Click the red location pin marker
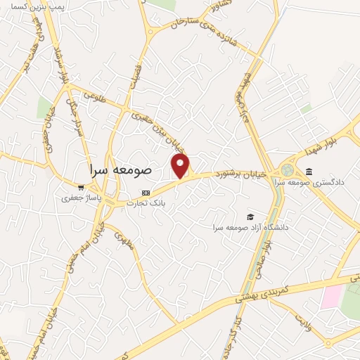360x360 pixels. click(x=181, y=166)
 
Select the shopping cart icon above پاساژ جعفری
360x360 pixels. click(x=82, y=188)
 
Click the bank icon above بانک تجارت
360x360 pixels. click(x=146, y=192)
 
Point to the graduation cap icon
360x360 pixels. click(x=250, y=217)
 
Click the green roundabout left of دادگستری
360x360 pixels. click(x=287, y=169)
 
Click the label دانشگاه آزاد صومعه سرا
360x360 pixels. click(x=254, y=228)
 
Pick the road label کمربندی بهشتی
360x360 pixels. click(x=259, y=293)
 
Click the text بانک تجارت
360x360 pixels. click(x=146, y=203)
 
